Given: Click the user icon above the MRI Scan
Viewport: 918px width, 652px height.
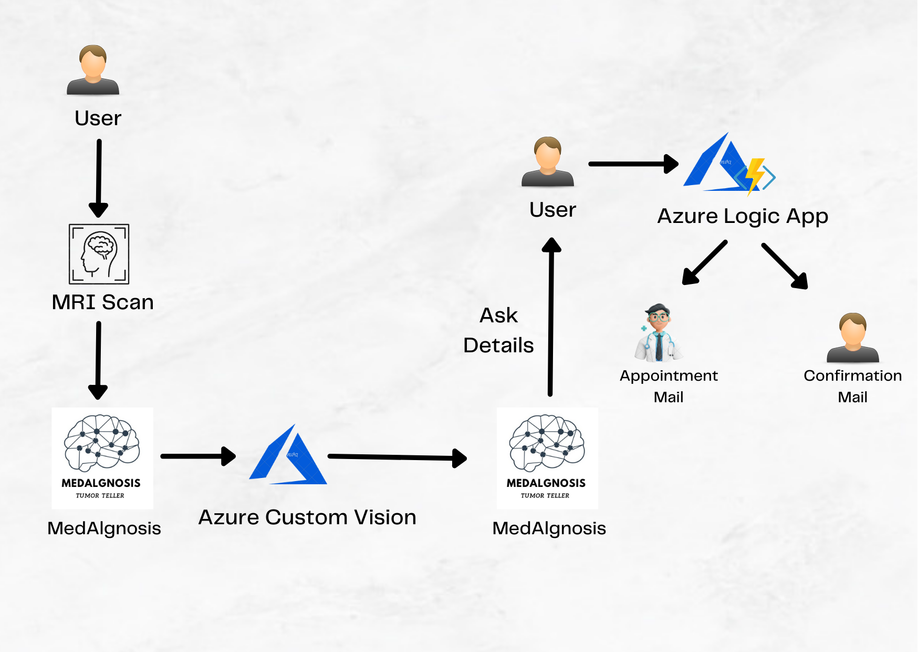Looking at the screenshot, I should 93,70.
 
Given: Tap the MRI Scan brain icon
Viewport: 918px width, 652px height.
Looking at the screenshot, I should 99,254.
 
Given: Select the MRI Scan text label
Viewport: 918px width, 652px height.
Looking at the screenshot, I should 103,302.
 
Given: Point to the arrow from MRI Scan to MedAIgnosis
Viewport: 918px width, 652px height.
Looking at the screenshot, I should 98,360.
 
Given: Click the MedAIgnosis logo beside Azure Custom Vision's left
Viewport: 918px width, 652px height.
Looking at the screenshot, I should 102,458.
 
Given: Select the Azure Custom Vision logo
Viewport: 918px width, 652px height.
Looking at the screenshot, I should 288,456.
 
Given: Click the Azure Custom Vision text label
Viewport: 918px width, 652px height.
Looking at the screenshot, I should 307,517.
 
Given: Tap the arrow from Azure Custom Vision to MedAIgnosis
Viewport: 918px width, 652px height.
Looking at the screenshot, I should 397,457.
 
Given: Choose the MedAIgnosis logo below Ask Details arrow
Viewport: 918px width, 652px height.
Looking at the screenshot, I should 547,458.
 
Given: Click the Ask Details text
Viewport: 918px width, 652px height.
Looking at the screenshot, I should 498,330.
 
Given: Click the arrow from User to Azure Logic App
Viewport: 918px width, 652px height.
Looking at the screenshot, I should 633,164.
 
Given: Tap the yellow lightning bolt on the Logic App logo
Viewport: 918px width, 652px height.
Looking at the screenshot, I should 755,175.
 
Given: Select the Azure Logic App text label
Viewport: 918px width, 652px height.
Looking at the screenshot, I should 743,216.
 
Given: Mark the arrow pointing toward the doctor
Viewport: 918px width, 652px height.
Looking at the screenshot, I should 704,263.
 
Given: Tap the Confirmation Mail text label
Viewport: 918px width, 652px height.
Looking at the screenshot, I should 852,386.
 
